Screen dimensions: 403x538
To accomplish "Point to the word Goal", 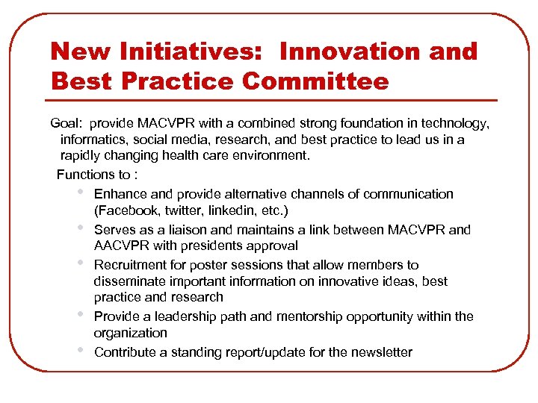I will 65,123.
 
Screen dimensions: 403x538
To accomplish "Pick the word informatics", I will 92,140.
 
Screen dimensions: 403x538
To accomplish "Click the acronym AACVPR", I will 122,246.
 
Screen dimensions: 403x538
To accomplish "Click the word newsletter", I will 378,352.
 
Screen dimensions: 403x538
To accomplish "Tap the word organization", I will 130,333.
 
